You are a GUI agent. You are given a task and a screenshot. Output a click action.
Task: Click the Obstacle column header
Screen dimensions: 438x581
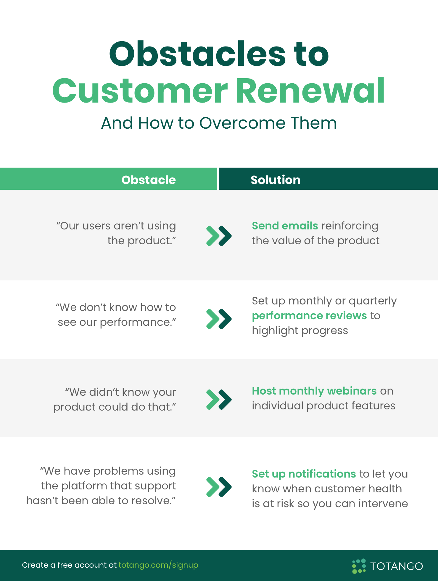[149, 180]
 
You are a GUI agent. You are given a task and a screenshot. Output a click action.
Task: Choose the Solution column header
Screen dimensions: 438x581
[276, 180]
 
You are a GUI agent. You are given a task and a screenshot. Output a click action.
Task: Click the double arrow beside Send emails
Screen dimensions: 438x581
[219, 236]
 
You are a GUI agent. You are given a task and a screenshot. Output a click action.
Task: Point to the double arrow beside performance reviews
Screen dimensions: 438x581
[219, 319]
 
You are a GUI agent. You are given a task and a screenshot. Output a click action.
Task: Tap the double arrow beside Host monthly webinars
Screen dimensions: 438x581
[219, 400]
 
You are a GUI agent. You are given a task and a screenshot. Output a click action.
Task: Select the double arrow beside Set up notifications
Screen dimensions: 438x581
[219, 487]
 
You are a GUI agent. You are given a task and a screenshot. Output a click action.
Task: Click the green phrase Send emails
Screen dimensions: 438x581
[285, 226]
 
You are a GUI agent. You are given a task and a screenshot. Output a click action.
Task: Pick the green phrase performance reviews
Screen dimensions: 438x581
[309, 316]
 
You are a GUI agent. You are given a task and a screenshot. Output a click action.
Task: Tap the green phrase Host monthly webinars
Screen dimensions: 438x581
[314, 391]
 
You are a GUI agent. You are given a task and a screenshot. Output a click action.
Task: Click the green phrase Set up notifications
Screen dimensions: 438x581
[304, 474]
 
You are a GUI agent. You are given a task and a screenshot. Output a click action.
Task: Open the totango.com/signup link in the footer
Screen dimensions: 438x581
[158, 565]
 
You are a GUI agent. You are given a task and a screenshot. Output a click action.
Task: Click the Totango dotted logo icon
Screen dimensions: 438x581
[359, 566]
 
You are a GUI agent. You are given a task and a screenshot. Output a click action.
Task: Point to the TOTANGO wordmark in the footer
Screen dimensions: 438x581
[397, 566]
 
